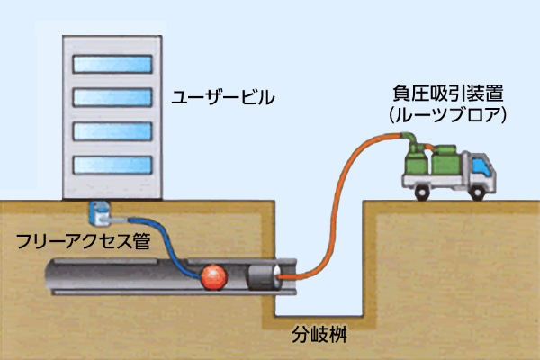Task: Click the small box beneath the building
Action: pyautogui.click(x=100, y=214)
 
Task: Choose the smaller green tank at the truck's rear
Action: pyautogui.click(x=415, y=164)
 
